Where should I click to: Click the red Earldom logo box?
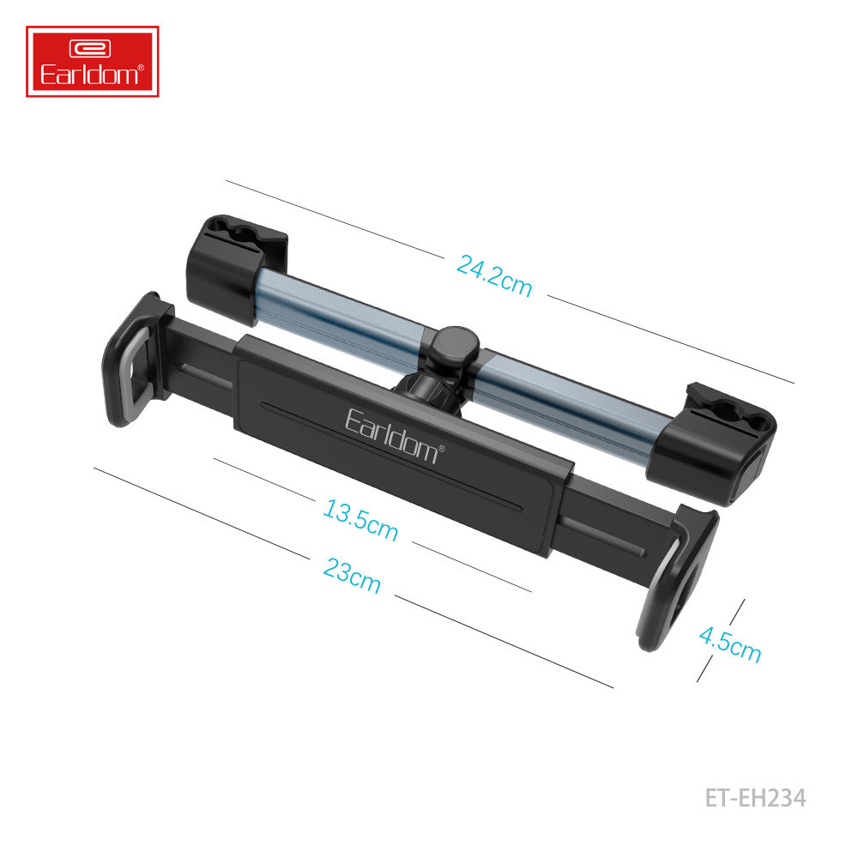(x=92, y=61)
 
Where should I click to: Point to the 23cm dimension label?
(x=352, y=575)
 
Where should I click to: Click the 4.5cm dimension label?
(x=729, y=643)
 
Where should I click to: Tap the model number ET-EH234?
(x=755, y=798)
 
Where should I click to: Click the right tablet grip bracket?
(x=678, y=575)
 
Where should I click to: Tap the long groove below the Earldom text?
(x=386, y=455)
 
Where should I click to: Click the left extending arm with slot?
(x=202, y=365)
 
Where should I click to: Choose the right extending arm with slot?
(x=605, y=532)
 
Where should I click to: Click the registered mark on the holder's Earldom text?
(x=443, y=447)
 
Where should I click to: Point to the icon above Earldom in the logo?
(x=92, y=49)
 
